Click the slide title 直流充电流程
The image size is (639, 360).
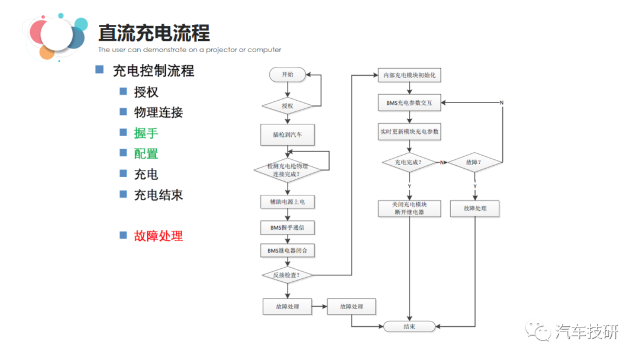154,33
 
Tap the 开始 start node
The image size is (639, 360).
288,75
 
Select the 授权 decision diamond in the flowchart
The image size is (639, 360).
288,107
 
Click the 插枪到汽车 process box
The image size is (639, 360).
288,134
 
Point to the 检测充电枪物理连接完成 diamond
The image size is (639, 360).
288,170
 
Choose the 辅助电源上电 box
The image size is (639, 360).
288,202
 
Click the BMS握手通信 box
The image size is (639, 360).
288,227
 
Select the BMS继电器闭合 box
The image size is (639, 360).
288,251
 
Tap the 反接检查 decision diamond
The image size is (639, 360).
288,275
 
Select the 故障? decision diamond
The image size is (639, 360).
475,162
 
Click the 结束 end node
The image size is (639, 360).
409,326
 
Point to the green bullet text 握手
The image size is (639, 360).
146,133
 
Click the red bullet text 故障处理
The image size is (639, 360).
159,236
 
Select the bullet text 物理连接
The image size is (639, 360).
159,112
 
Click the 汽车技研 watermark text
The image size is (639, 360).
586,332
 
